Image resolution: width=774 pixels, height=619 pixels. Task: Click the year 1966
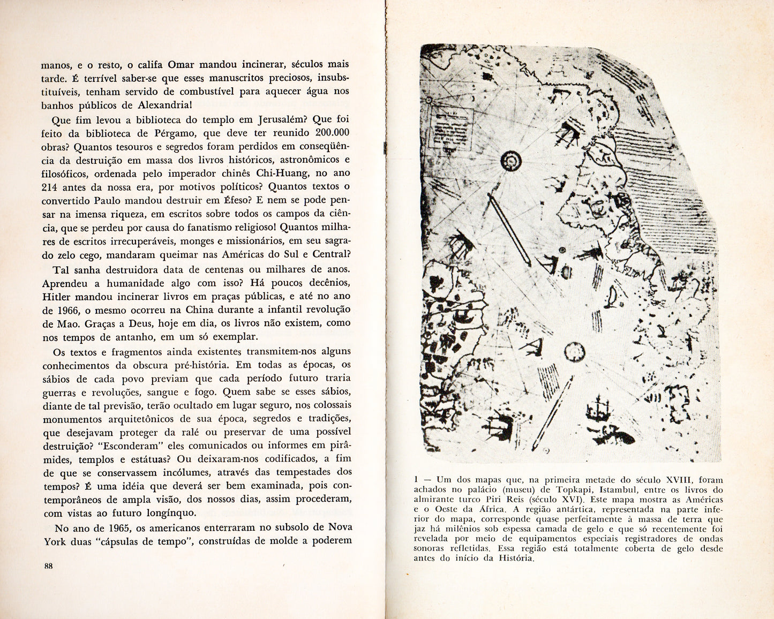pos(70,310)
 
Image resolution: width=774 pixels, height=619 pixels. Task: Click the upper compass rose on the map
pos(512,160)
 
